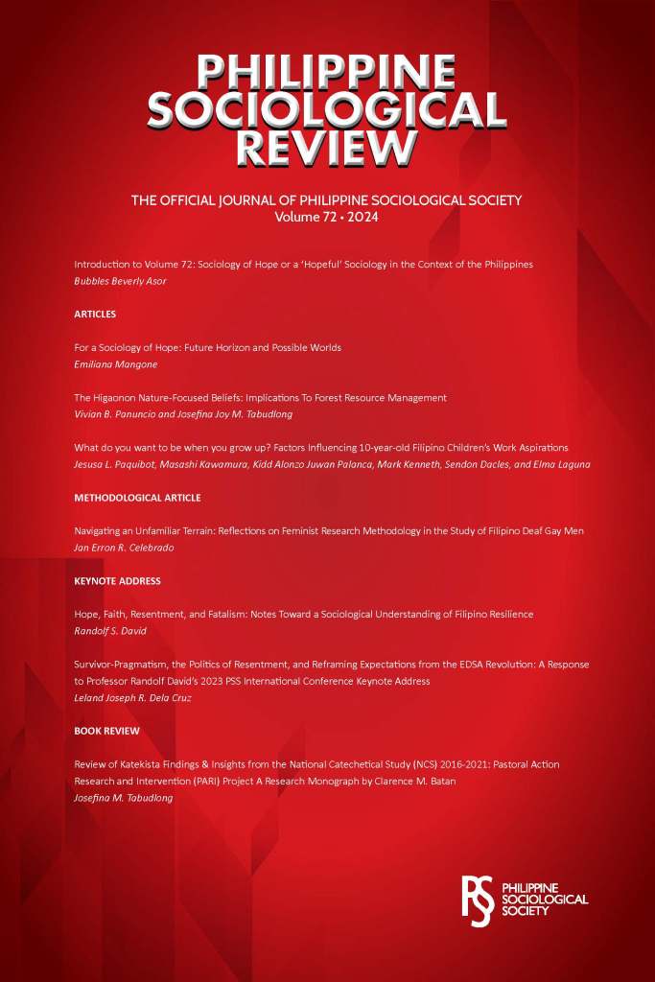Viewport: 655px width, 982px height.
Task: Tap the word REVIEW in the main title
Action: [x=326, y=148]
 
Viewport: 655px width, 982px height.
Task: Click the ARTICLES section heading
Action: [x=95, y=314]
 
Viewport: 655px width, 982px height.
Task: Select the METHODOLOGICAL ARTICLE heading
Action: [x=136, y=498]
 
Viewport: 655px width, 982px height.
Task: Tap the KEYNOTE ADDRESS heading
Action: [x=117, y=581]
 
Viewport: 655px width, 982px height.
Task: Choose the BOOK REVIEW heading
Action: [x=106, y=731]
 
